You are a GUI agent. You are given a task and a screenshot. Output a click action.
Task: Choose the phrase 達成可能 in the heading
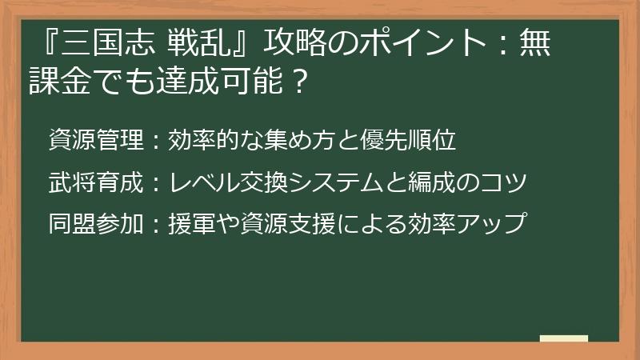tap(227, 80)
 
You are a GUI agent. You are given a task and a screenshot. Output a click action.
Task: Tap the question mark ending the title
tap(300, 80)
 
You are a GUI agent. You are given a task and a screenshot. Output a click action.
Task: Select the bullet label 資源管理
tap(94, 141)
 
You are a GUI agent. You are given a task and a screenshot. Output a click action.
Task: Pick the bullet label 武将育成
tap(94, 182)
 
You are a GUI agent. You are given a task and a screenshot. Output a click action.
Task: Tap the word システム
tap(360, 182)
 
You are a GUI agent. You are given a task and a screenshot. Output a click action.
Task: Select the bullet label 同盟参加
tap(94, 224)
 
